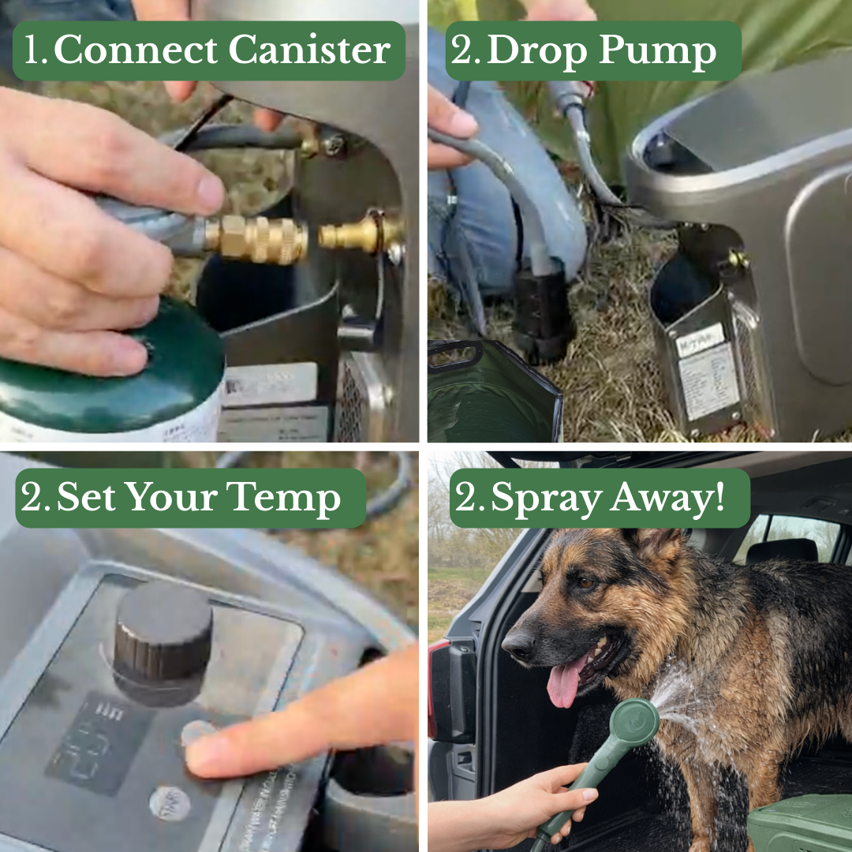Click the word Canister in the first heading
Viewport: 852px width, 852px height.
[x=310, y=51]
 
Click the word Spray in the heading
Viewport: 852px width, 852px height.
[x=537, y=498]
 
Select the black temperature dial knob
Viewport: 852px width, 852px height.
[x=163, y=635]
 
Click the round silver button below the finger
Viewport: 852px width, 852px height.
[x=169, y=803]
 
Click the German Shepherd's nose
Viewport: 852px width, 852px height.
[x=518, y=645]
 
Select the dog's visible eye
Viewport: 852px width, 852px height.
[x=585, y=582]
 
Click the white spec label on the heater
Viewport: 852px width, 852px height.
[x=707, y=379]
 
